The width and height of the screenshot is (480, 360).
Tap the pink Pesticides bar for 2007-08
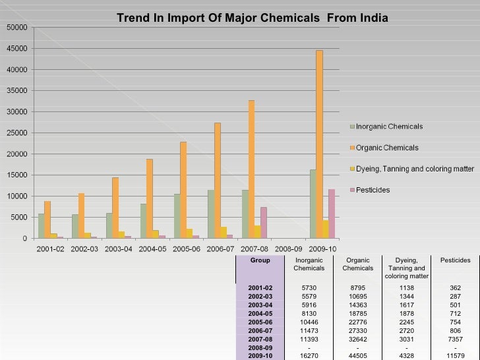coord(264,223)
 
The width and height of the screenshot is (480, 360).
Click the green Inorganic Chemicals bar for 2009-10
coord(313,204)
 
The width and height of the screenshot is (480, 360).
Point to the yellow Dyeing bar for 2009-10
coord(326,229)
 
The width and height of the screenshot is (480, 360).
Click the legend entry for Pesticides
coord(373,190)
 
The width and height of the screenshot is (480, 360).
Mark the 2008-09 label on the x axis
coord(289,249)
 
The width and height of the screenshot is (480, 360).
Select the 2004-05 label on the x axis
coord(153,249)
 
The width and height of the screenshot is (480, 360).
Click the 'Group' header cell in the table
coord(260,260)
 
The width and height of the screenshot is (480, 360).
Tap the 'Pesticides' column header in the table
coord(455,260)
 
